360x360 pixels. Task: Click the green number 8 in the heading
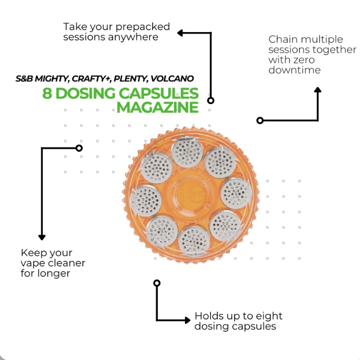pos(47,93)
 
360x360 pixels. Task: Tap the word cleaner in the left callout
pos(66,263)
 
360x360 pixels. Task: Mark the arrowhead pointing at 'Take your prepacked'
pos(180,33)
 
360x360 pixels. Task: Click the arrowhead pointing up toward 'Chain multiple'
pos(318,90)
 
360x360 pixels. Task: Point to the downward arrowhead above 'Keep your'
pos(42,237)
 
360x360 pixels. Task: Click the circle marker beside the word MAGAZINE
pos(211,100)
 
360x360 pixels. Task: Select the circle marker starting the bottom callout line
pos(157,283)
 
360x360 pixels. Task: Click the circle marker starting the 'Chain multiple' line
pos(260,120)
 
